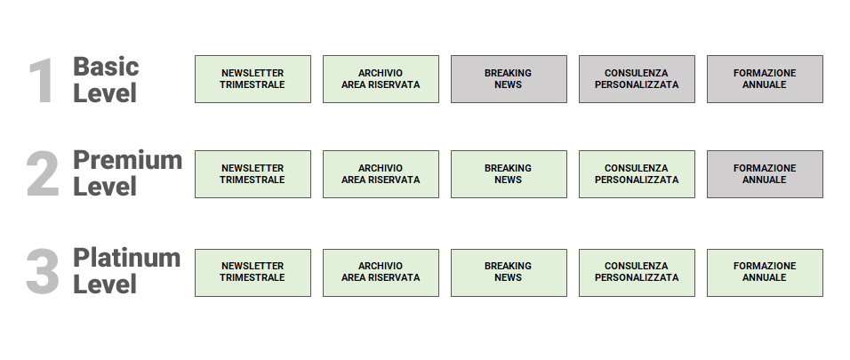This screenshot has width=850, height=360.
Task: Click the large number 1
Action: point(42,82)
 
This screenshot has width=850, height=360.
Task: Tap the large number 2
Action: point(43,174)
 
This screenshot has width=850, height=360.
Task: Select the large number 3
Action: point(43,271)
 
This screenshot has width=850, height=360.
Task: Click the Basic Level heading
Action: point(106,79)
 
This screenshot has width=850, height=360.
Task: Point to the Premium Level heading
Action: point(127,173)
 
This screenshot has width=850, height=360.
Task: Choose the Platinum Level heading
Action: point(126,270)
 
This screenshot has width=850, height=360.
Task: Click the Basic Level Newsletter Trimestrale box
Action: point(253,79)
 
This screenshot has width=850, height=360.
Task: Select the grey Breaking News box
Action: point(509,79)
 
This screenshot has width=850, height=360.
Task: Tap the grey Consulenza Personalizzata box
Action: point(637,79)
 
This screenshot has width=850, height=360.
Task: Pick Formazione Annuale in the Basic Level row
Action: point(765,79)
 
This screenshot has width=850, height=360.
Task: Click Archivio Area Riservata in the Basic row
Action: point(381,79)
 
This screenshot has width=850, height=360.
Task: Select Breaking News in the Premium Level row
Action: point(509,174)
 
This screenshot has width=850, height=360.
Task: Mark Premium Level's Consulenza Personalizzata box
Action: point(637,174)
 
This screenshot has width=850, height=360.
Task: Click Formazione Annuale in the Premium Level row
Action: point(765,174)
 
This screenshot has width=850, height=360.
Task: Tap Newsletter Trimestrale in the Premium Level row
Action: point(253,174)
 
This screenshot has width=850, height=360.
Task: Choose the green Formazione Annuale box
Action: point(765,272)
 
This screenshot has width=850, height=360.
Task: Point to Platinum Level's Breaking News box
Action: point(509,272)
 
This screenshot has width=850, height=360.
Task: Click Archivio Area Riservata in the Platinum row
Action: point(381,272)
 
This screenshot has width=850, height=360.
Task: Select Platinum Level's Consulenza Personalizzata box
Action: point(637,272)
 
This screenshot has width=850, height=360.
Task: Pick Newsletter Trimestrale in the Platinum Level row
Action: point(253,272)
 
